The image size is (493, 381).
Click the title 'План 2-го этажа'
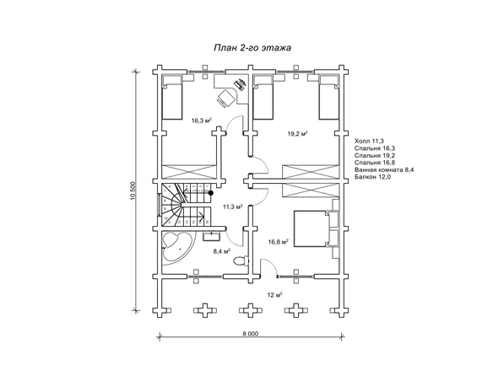pos(252,48)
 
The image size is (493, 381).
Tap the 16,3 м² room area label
pos(201,121)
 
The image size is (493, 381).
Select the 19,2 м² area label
pos(297,134)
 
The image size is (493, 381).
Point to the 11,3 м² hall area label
pos(232,207)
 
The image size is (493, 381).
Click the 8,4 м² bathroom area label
pos(222,251)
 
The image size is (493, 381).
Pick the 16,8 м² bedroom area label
pos(279,242)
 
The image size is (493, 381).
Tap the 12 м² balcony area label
pos(274,295)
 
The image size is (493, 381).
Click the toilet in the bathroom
pos(241,261)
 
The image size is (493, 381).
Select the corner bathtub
pos(177,247)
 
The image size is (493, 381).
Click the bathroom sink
pos(211,235)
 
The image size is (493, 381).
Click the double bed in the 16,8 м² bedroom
pos(312,228)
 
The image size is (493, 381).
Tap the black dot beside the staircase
pos(211,193)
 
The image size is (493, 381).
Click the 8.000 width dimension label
pos(250,334)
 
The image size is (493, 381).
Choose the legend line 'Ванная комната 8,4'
pos(384,169)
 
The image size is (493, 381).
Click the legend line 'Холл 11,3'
pos(369,141)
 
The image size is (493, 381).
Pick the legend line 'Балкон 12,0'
pos(372,177)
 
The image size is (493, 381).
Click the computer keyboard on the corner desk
pos(240,84)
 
